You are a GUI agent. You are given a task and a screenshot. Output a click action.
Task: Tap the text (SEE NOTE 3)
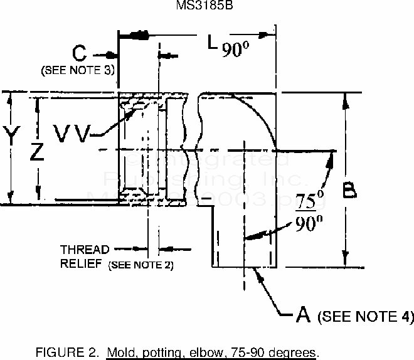[x=78, y=70]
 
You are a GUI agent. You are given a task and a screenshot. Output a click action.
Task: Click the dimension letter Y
[x=9, y=134]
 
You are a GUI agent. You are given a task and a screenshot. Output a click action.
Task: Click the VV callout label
[x=72, y=132]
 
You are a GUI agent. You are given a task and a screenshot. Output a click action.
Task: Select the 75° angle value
[x=305, y=203]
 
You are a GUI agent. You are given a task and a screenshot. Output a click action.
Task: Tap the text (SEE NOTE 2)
[x=141, y=264]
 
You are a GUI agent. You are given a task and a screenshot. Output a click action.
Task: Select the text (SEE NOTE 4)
[x=366, y=316]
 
